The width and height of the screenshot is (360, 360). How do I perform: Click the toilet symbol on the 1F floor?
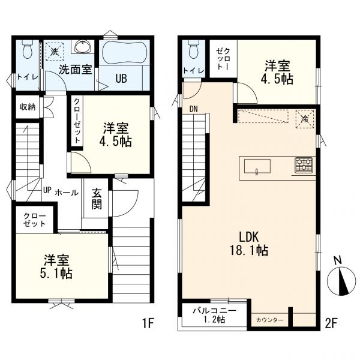pos(28,49)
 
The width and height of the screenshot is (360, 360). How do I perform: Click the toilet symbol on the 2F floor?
pos(193,49)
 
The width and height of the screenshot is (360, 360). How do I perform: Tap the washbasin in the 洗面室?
pos(83,47)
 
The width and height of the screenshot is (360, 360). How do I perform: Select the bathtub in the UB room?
pos(124,52)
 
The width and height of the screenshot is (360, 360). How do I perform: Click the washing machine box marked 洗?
pos(55,52)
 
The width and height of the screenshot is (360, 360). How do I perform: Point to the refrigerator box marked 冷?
pos(305,119)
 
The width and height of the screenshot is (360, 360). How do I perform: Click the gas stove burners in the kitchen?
pos(304,165)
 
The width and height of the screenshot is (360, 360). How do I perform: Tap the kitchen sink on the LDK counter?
pos(257,167)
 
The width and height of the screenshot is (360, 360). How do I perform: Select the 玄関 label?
pos(97,199)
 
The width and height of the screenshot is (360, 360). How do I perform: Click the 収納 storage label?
pos(28,107)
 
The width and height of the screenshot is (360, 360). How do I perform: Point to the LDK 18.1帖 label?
pos(249,244)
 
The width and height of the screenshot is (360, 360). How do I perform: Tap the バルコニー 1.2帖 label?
pos(214,315)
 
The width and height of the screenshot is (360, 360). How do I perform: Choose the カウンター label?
pos(269,320)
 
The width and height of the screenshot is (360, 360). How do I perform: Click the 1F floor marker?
pos(148,323)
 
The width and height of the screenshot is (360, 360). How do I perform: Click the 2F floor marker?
pos(331,323)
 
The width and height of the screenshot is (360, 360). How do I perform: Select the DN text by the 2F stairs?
pos(194,109)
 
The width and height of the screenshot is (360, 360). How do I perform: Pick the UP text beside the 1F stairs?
pos(47,190)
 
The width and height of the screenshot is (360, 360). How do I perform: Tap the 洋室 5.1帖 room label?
pos(57,266)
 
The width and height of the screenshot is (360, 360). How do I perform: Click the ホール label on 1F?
pos(67,193)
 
